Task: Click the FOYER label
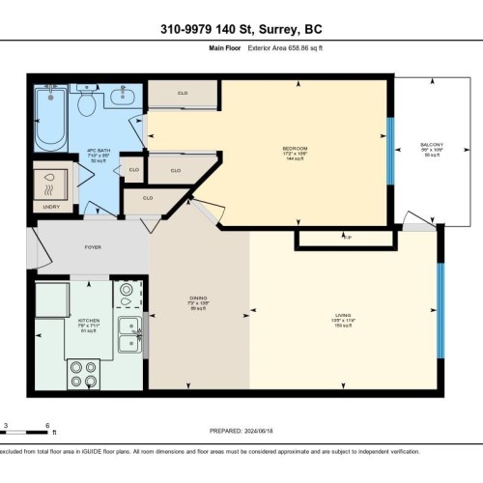[93, 247]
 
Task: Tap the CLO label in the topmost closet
[183, 94]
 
